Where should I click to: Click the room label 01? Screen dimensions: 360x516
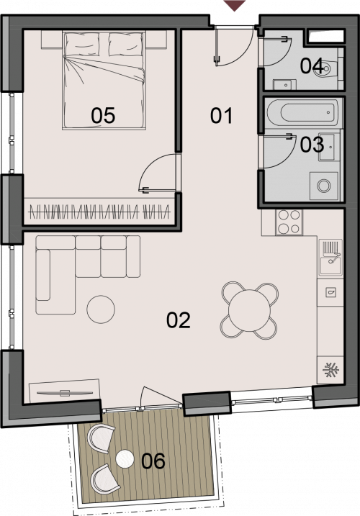pyautogui.click(x=221, y=116)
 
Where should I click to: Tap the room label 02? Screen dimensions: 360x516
pyautogui.click(x=179, y=320)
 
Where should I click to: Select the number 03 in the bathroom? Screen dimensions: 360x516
pyautogui.click(x=312, y=145)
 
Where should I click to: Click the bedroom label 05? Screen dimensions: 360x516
pyautogui.click(x=103, y=116)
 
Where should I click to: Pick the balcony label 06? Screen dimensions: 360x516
pyautogui.click(x=153, y=461)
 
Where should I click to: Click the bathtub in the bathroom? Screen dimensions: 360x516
pyautogui.click(x=302, y=113)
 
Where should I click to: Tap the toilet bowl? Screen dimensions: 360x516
pyautogui.click(x=325, y=69)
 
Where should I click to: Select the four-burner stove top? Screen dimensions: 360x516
pyautogui.click(x=289, y=222)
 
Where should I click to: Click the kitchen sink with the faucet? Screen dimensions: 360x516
pyautogui.click(x=330, y=258)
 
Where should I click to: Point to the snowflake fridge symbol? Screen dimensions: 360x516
pyautogui.click(x=330, y=371)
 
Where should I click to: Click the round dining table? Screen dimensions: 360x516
pyautogui.click(x=249, y=310)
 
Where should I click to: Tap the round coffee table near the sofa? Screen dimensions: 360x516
pyautogui.click(x=101, y=309)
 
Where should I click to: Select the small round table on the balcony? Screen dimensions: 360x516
pyautogui.click(x=125, y=458)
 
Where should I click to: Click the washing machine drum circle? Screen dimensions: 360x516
pyautogui.click(x=324, y=186)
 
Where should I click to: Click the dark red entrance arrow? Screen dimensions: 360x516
pyautogui.click(x=235, y=5)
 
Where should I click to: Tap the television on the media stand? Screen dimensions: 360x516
pyautogui.click(x=65, y=393)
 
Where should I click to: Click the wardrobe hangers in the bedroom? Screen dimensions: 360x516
pyautogui.click(x=99, y=212)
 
